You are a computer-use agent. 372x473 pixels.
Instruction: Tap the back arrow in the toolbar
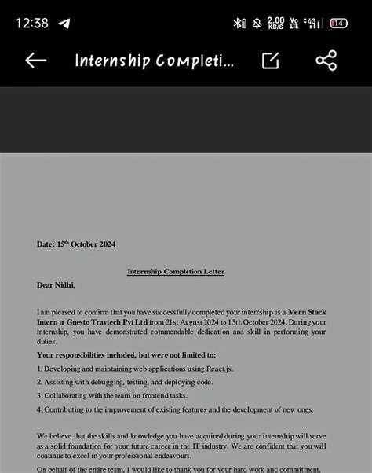(35, 60)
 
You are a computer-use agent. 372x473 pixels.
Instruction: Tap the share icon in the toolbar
(326, 60)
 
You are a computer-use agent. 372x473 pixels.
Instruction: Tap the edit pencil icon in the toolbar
(271, 60)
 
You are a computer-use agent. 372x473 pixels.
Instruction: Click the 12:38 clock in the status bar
(31, 23)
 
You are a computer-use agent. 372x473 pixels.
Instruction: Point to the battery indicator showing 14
(339, 23)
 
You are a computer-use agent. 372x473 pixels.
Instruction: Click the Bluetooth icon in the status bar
(239, 23)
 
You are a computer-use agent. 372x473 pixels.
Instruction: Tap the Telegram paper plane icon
(64, 23)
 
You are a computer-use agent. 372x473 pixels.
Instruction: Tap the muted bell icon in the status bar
(257, 23)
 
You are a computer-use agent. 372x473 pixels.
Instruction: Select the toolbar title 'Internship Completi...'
(154, 60)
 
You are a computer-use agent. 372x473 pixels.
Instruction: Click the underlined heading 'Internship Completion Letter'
(176, 272)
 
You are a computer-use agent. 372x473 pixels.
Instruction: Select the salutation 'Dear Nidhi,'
(56, 285)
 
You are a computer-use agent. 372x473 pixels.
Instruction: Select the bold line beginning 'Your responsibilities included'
(115, 355)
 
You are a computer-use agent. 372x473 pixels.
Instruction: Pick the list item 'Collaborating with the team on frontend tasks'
(126, 396)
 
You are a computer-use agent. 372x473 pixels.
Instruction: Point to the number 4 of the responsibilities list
(39, 409)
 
